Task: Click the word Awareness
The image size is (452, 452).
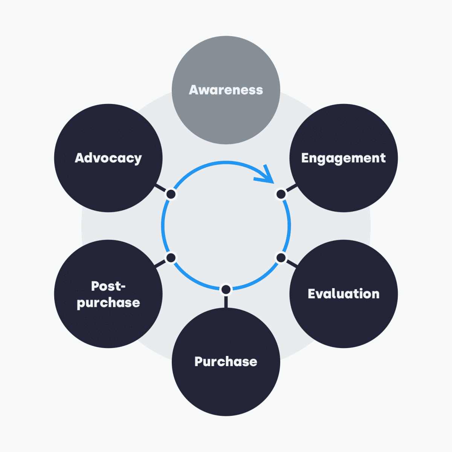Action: pos(226,90)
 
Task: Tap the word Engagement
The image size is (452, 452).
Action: pos(344,158)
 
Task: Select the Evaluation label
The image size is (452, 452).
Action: pos(344,294)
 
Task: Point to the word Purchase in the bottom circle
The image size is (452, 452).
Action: pos(226,362)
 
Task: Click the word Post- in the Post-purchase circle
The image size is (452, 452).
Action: pos(108,286)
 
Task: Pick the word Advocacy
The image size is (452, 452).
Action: pos(108,158)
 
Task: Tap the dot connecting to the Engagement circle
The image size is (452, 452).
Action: pos(281,194)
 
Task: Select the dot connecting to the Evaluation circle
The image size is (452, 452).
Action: pos(281,258)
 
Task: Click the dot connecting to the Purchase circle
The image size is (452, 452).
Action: pos(226,289)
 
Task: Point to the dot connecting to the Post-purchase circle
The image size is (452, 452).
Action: pos(171,258)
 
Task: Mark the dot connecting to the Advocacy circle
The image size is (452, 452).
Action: pos(171,194)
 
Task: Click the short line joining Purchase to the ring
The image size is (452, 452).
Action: pos(226,301)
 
